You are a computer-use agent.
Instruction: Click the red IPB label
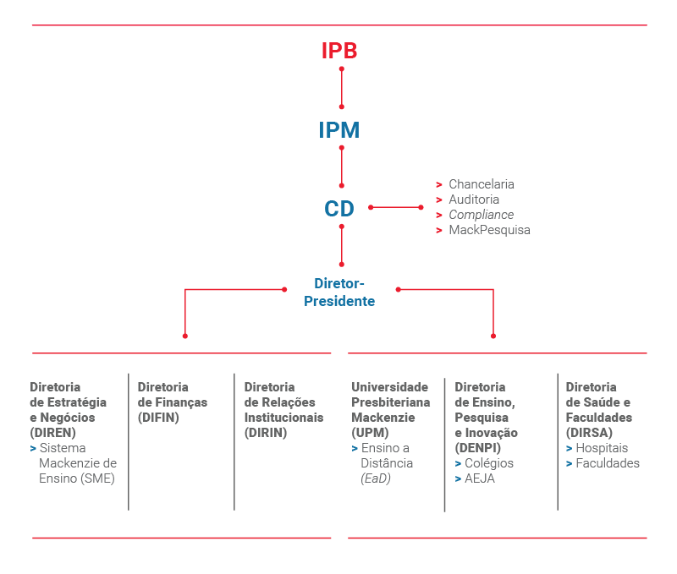pyautogui.click(x=339, y=51)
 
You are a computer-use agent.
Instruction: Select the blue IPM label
pyautogui.click(x=339, y=130)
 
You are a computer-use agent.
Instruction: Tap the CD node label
pyautogui.click(x=339, y=209)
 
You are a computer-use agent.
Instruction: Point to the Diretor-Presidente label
pyautogui.click(x=339, y=292)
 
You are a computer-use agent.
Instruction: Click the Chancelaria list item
pyautogui.click(x=481, y=184)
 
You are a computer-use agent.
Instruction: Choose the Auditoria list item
pyautogui.click(x=474, y=200)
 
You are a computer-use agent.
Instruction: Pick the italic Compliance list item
pyautogui.click(x=481, y=215)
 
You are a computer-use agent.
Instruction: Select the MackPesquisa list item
pyautogui.click(x=489, y=230)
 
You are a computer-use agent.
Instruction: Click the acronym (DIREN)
pyautogui.click(x=52, y=433)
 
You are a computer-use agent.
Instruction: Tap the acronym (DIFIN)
pyautogui.click(x=158, y=418)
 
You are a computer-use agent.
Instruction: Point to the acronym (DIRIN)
pyautogui.click(x=266, y=433)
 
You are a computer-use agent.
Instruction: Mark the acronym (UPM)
pyautogui.click(x=370, y=433)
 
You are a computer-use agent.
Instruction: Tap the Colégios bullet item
pyautogui.click(x=489, y=463)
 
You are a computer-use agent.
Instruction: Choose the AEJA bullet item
pyautogui.click(x=480, y=478)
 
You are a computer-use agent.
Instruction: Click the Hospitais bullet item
pyautogui.click(x=602, y=448)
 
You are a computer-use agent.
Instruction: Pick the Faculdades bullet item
pyautogui.click(x=608, y=463)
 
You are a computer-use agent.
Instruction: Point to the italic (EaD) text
pyautogui.click(x=376, y=478)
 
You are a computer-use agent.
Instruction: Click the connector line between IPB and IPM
pyautogui.click(x=342, y=87)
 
